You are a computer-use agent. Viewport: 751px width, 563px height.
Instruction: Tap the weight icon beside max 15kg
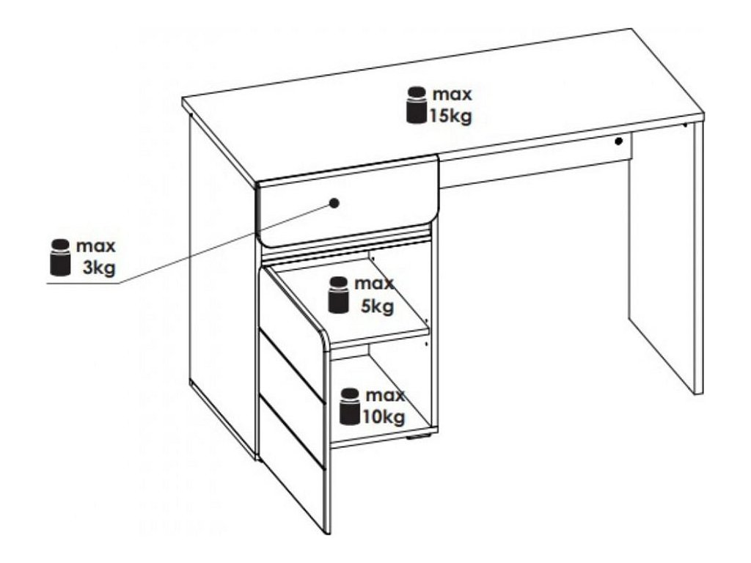coord(417,106)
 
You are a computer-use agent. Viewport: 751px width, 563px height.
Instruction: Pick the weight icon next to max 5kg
coord(338,295)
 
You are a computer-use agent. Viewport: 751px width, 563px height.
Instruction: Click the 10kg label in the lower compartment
coord(383,417)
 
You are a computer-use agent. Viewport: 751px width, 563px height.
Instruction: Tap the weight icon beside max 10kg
coord(350,407)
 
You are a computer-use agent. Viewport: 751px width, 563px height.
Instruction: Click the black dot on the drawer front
coord(334,203)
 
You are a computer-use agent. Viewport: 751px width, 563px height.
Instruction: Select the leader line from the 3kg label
coord(220,246)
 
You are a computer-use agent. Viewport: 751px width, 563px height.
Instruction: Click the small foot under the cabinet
coord(415,441)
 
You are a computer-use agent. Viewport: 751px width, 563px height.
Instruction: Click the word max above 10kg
coord(385,397)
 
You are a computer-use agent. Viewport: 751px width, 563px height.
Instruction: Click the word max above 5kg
coord(374,284)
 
